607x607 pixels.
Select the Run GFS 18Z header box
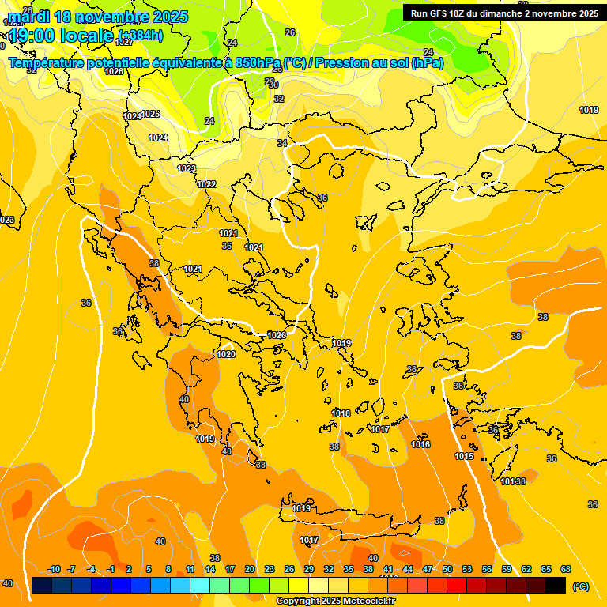coord(503,13)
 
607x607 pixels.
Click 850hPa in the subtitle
coord(258,63)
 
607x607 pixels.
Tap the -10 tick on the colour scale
coord(54,569)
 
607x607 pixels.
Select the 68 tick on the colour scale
coord(566,569)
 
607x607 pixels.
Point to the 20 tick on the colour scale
coord(250,569)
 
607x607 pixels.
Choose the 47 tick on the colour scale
coord(428,569)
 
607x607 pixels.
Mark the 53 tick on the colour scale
coord(467,569)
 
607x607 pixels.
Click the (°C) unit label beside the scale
coord(581,586)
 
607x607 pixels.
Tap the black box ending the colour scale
coord(556,585)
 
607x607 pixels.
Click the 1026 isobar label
coord(114,71)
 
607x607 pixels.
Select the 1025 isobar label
coord(150,114)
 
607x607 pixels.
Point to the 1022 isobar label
coord(206,184)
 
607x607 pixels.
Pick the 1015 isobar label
coord(464,456)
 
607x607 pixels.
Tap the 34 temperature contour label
coord(282,143)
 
